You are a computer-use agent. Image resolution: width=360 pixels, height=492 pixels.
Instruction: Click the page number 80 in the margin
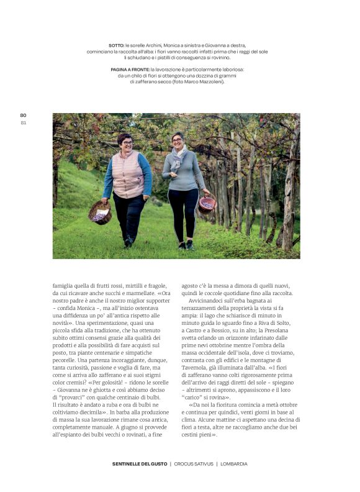(23, 115)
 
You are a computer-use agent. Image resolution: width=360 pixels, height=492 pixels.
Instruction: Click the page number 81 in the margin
(23, 122)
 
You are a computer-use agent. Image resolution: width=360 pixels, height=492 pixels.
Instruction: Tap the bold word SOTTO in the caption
(116, 45)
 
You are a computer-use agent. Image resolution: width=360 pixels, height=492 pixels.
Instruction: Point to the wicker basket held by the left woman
(100, 212)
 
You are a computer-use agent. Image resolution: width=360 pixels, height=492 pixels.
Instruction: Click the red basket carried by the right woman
(207, 204)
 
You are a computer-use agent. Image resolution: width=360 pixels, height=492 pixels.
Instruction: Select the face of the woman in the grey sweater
(178, 141)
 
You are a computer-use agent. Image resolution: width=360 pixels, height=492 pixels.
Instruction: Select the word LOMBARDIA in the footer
(234, 463)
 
